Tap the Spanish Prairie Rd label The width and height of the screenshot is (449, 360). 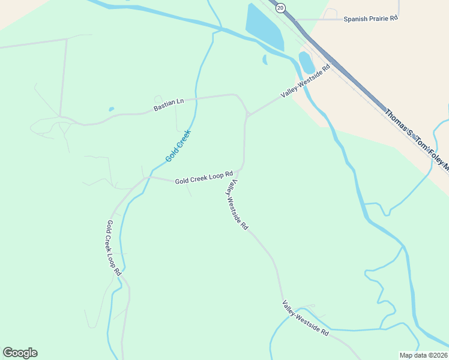click(370, 19)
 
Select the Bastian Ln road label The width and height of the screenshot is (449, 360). click(168, 106)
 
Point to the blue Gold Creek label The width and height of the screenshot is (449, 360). click(178, 146)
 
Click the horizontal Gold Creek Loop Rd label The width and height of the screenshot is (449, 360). click(203, 178)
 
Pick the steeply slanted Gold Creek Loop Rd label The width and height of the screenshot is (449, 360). click(113, 247)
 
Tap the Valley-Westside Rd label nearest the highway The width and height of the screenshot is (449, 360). click(306, 82)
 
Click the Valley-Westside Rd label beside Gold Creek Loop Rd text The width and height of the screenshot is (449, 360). click(236, 205)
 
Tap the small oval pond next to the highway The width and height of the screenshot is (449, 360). click(306, 62)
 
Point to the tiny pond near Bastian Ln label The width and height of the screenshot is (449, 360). click(112, 109)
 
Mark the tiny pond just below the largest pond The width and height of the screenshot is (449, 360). click(265, 59)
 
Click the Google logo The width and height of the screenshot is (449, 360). click(20, 353)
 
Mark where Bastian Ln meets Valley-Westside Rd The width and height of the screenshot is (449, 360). click(248, 115)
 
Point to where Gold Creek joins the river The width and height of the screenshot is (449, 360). click(221, 29)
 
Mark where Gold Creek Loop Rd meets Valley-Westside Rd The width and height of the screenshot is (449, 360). click(242, 168)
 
